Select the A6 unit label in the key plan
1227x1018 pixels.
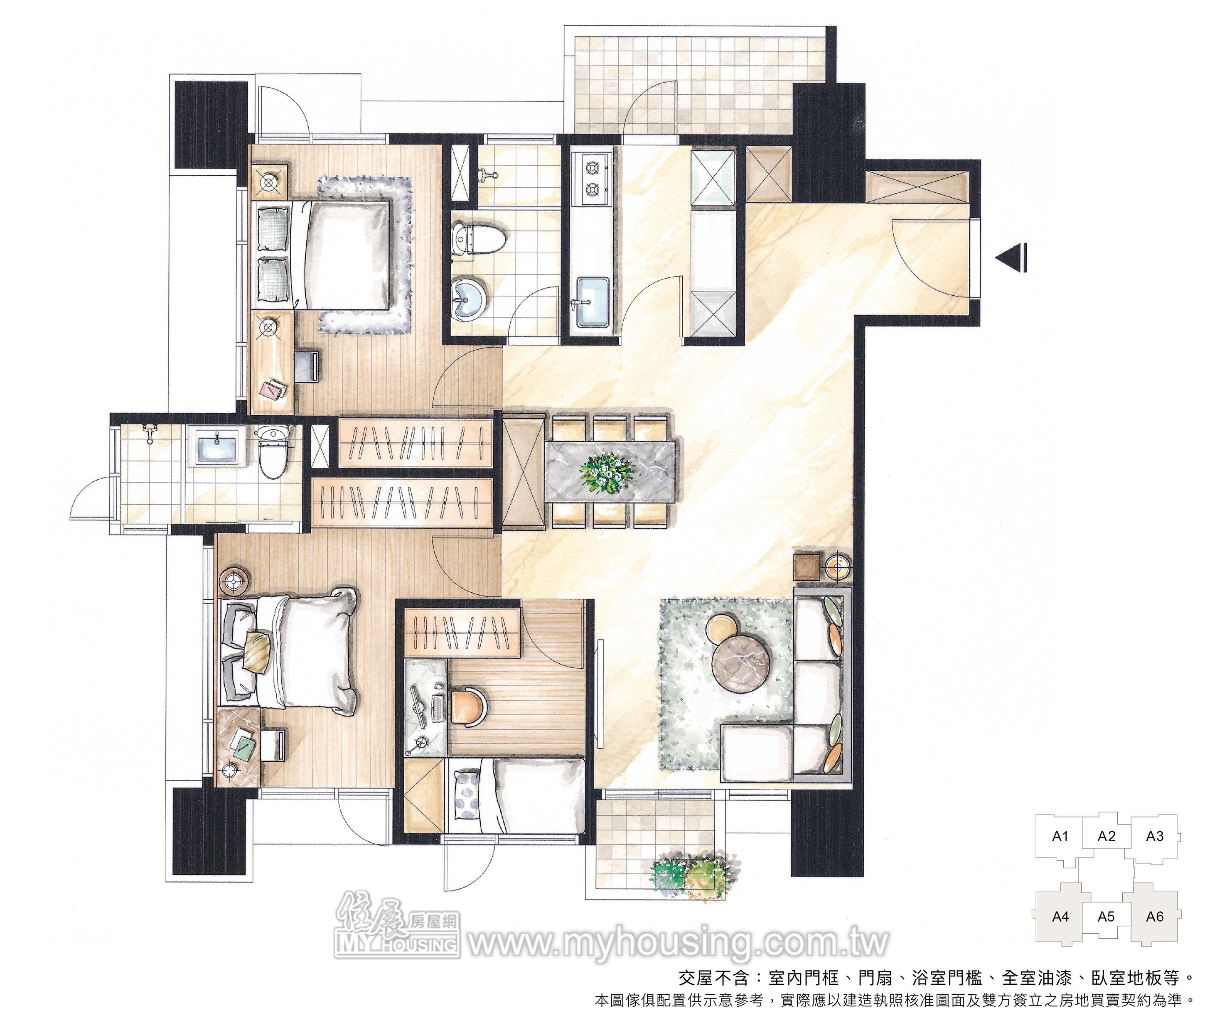point(1155,916)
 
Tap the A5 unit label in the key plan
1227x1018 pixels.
point(1106,916)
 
